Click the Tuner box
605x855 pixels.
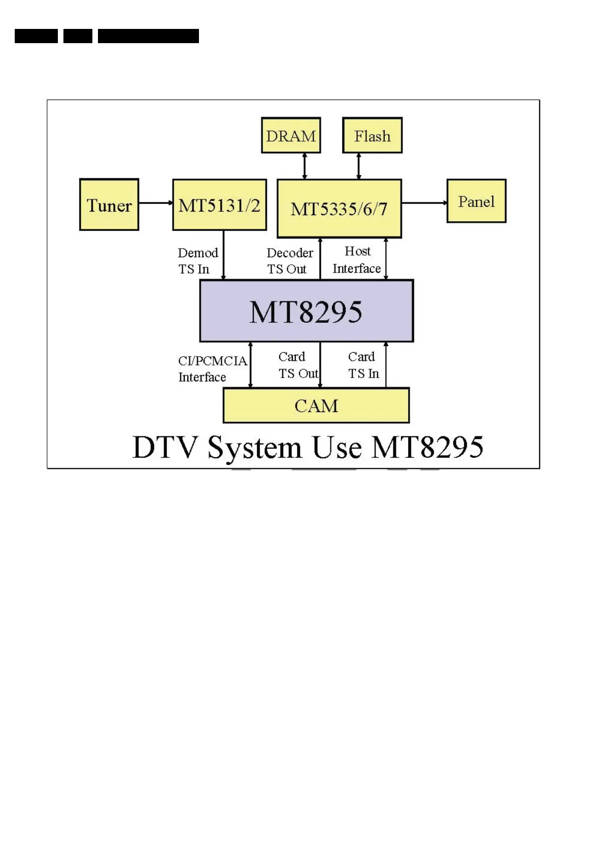click(109, 204)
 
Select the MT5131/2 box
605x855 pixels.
click(219, 204)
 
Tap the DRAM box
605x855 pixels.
click(291, 135)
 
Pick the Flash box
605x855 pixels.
click(372, 135)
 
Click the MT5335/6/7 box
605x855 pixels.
click(339, 209)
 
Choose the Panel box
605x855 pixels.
click(476, 201)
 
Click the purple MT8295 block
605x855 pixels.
click(307, 311)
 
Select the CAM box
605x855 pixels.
click(316, 405)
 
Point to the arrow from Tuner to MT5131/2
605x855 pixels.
click(155, 203)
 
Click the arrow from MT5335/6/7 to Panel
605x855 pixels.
click(424, 203)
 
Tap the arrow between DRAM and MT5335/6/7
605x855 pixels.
click(305, 166)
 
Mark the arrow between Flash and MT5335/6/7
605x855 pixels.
click(359, 166)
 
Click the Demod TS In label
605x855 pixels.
click(197, 261)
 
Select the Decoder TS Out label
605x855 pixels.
click(289, 261)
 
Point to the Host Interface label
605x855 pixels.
click(357, 260)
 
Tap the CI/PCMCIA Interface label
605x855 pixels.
click(212, 369)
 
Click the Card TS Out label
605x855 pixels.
click(297, 365)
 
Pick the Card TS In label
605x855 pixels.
click(363, 365)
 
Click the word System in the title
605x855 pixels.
click(255, 448)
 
